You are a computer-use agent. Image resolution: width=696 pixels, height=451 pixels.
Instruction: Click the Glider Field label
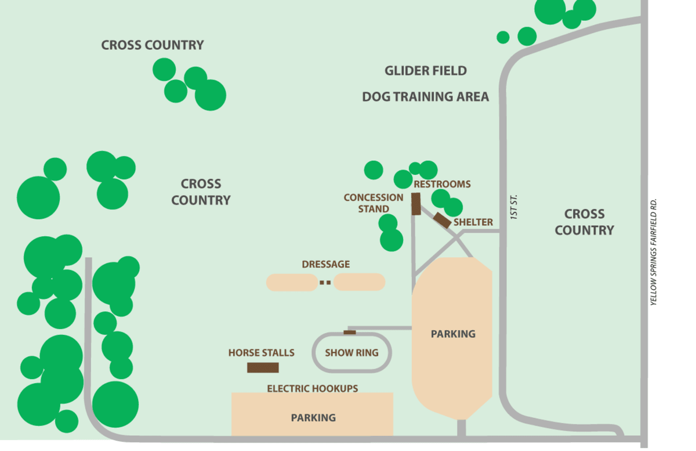pos(425,71)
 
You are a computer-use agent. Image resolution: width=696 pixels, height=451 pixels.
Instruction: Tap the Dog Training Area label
pos(425,96)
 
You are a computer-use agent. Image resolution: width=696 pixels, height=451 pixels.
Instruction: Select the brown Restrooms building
pos(416,204)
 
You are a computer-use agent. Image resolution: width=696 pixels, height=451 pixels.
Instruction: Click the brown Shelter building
pos(443,220)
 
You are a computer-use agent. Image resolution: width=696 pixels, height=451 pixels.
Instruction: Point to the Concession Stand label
pos(374,203)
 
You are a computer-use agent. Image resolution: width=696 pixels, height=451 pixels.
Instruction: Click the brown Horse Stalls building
pos(263,367)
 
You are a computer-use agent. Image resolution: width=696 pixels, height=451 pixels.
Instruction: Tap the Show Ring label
pos(351,352)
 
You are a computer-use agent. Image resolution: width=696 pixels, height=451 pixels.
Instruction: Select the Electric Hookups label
pos(312,388)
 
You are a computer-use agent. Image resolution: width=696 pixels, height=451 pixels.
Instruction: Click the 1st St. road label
pos(514,206)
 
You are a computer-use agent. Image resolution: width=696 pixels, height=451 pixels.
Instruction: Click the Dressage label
pos(326,264)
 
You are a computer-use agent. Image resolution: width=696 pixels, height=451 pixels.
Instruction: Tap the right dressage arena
pos(359,282)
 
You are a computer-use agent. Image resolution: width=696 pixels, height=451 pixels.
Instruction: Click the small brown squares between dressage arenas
pos(325,283)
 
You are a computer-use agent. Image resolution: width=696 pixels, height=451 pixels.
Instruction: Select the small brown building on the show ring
pos(350,332)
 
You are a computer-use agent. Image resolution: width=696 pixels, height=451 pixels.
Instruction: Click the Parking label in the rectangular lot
pos(313,417)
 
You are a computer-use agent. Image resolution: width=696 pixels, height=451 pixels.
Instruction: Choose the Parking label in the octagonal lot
pos(453,334)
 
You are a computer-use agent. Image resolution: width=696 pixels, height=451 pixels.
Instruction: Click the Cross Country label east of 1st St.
pos(584,222)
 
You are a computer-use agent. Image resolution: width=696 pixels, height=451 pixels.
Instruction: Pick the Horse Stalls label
pos(261,352)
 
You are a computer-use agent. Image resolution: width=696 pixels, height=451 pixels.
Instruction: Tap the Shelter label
pos(473,222)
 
